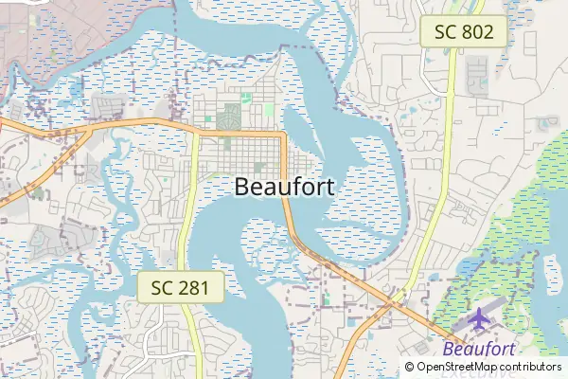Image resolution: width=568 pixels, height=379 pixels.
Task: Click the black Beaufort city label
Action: (x=283, y=187)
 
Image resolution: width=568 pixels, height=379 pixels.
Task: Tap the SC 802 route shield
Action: (x=464, y=31)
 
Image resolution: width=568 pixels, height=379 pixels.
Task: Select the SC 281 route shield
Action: (x=181, y=287)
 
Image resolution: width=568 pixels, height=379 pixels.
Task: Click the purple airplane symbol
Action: (x=480, y=319)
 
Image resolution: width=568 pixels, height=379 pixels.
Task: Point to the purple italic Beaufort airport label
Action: (x=479, y=351)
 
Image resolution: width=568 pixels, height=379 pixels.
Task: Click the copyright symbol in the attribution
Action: (x=409, y=367)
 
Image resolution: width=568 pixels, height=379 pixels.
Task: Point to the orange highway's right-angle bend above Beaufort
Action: (x=283, y=135)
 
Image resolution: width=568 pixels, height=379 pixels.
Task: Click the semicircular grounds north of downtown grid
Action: (x=227, y=119)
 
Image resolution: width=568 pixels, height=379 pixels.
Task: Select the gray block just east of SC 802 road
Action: (x=476, y=68)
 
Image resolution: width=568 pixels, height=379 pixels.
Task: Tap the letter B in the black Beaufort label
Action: (x=241, y=187)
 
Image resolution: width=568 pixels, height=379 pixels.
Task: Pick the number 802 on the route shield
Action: (x=477, y=31)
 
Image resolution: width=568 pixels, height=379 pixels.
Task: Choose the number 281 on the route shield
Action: (x=194, y=287)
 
